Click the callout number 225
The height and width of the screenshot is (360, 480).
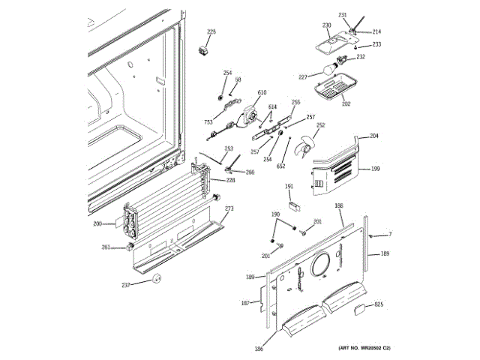[x=211, y=31]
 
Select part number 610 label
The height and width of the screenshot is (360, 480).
[x=262, y=93]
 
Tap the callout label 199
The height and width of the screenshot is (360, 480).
[x=375, y=169]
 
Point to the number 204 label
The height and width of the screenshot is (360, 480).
[x=373, y=136]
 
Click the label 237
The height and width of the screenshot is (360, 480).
[x=126, y=285]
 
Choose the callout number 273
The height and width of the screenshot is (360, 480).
[x=229, y=208]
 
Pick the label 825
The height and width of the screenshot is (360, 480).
[x=379, y=304]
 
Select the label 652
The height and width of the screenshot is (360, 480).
[x=281, y=165]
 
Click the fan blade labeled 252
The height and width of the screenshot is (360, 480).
[x=305, y=145]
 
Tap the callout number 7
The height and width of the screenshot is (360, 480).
[x=389, y=235]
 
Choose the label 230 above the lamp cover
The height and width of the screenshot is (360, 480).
[x=326, y=26]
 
